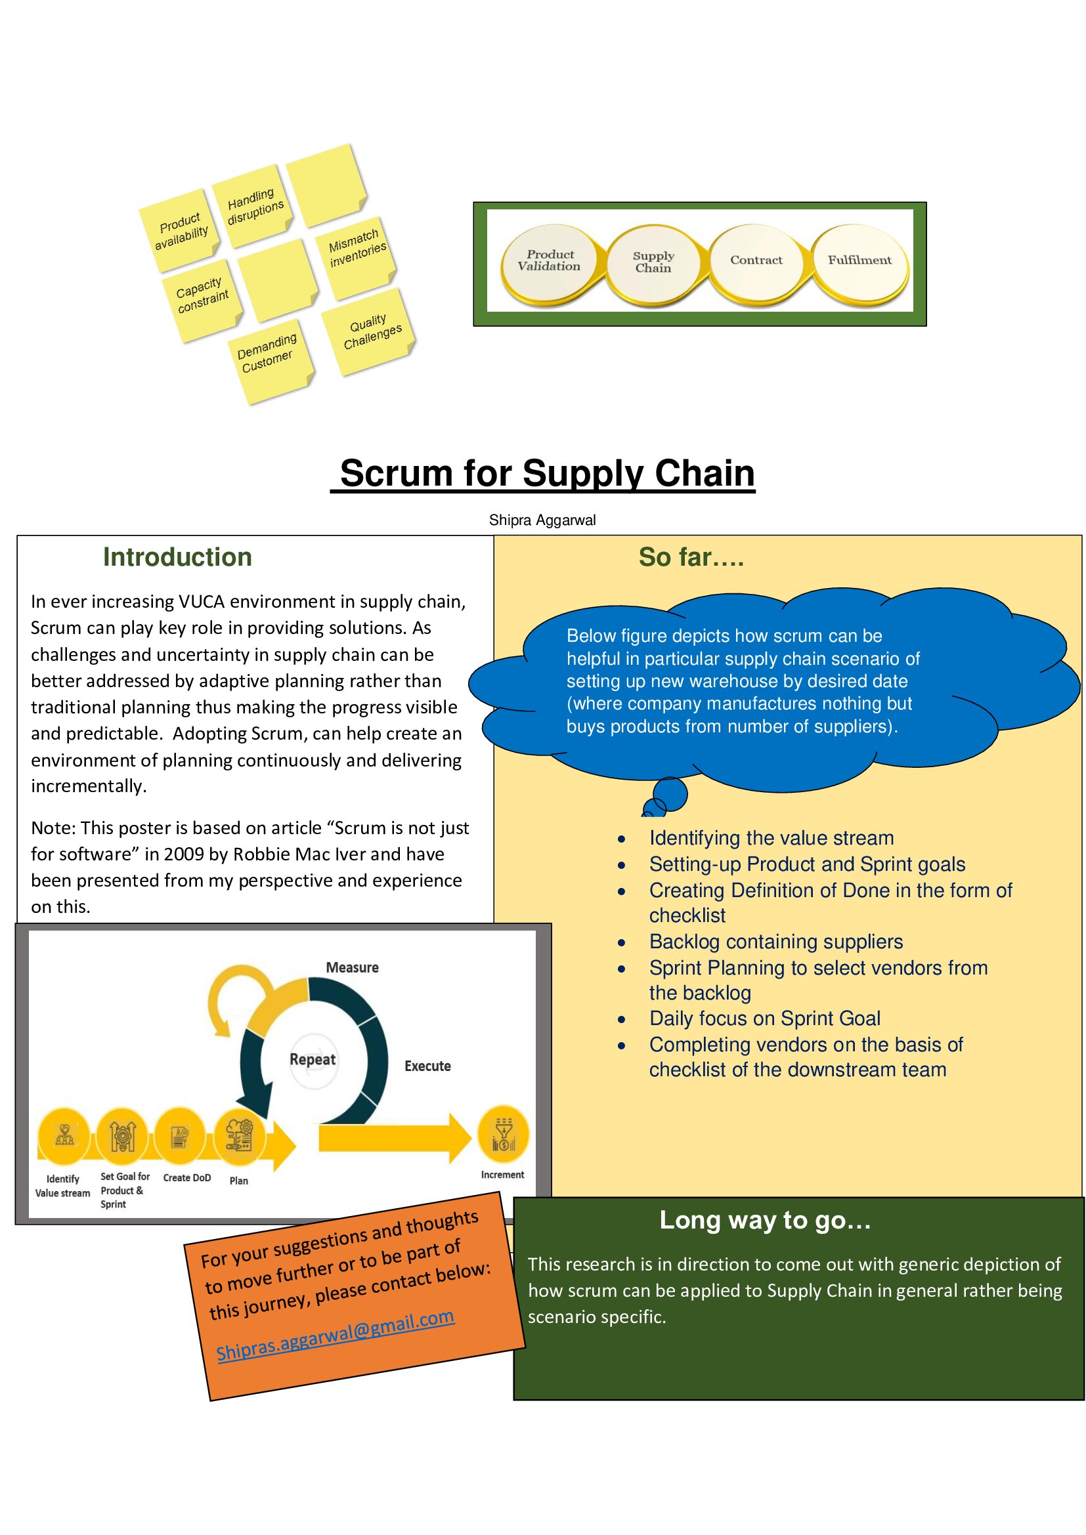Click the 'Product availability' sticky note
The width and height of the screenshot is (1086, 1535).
[180, 230]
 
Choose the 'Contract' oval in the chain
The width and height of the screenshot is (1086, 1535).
[756, 261]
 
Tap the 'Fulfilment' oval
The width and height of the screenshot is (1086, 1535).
[859, 261]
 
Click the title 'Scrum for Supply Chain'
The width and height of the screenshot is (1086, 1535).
[547, 473]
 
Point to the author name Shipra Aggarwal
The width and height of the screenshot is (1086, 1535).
[542, 520]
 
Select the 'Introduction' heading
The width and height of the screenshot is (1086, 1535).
[177, 557]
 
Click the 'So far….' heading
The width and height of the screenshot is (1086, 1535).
[691, 557]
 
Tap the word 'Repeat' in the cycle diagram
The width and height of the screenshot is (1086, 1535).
[313, 1059]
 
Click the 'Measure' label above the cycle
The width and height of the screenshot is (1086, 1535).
[352, 967]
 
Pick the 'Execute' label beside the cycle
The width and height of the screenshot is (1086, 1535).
[427, 1066]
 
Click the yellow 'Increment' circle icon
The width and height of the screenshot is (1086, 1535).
[503, 1135]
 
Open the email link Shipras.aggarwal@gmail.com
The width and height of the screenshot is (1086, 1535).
[336, 1334]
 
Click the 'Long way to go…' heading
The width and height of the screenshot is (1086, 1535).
[765, 1220]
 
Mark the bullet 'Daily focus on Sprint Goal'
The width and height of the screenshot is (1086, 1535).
[764, 1019]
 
